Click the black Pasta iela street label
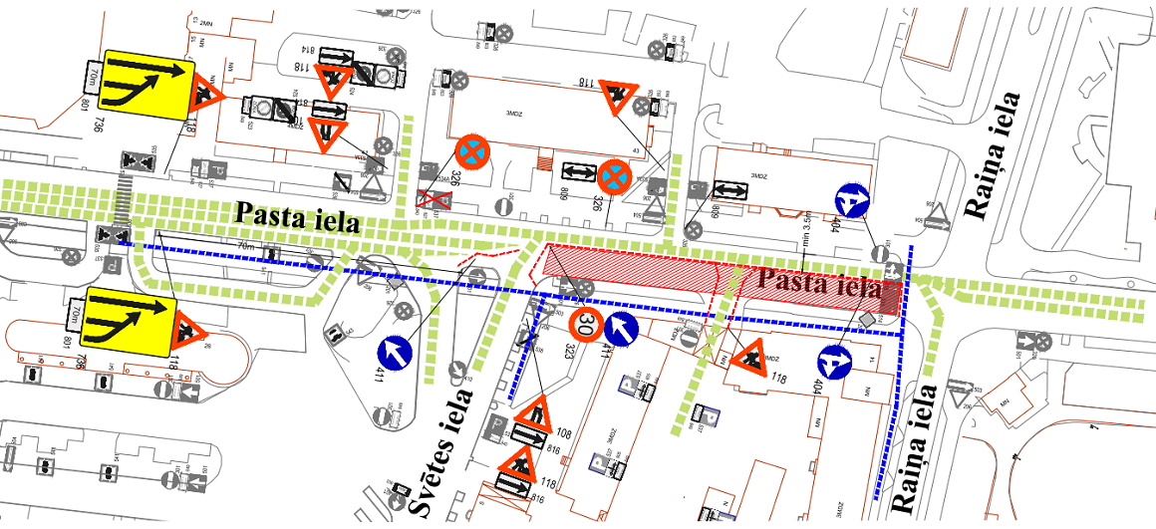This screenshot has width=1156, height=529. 296,216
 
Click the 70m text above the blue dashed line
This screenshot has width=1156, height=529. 245,245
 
